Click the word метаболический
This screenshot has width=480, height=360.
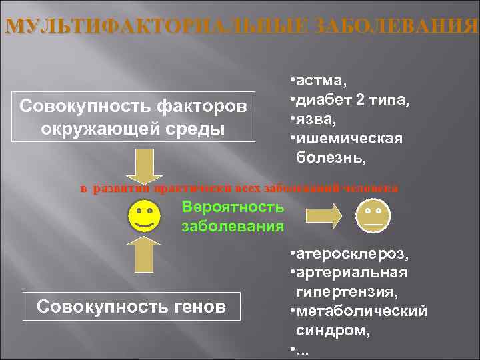tap(363, 311)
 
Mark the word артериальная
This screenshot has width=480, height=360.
tap(353, 273)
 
